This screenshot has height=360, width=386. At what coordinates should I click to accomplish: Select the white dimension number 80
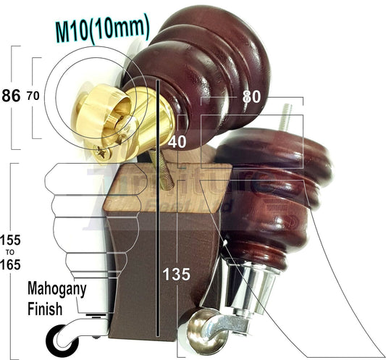252,95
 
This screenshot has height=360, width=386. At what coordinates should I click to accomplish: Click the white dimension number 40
178,143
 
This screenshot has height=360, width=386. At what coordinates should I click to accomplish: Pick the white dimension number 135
177,274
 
